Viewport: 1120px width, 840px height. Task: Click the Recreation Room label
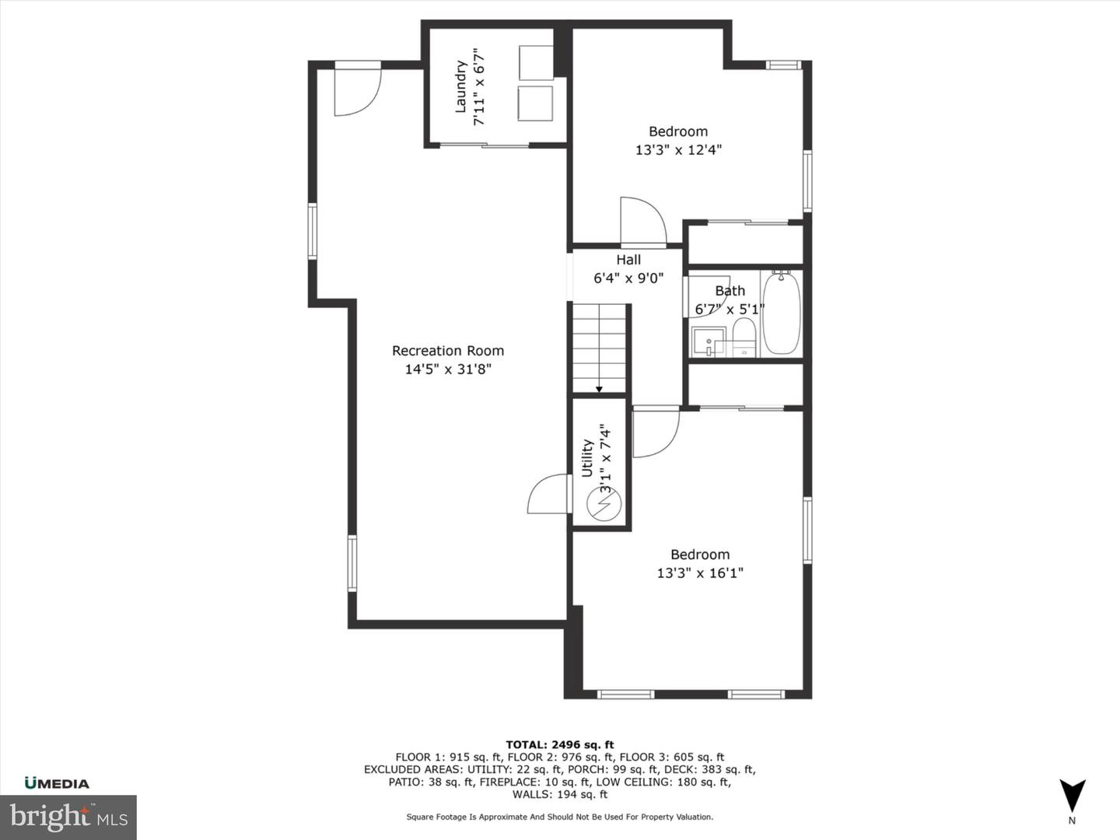click(x=448, y=351)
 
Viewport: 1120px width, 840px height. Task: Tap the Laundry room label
click(x=460, y=87)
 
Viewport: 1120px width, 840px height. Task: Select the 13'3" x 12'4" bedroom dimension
click(x=678, y=150)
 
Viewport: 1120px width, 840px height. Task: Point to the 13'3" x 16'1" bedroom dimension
click(x=700, y=573)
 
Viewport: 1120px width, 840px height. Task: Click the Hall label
click(x=628, y=260)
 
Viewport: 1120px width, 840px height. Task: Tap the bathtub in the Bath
click(x=781, y=313)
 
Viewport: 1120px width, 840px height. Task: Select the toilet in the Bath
click(x=744, y=337)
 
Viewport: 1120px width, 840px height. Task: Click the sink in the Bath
click(x=708, y=341)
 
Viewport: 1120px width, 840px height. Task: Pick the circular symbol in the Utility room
click(x=604, y=504)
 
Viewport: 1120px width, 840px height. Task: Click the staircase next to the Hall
click(x=600, y=348)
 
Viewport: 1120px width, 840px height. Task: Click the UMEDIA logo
click(x=57, y=783)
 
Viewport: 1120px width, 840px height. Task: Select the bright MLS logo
click(x=68, y=817)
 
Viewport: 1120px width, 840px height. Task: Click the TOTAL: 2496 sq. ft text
click(x=560, y=744)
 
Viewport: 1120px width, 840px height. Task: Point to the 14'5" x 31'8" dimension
click(x=448, y=369)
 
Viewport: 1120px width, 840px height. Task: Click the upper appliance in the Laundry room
click(x=536, y=61)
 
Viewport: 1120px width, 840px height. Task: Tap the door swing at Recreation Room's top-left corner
click(x=356, y=90)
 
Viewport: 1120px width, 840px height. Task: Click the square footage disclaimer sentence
click(x=560, y=817)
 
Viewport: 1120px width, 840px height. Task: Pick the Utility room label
click(x=587, y=457)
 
